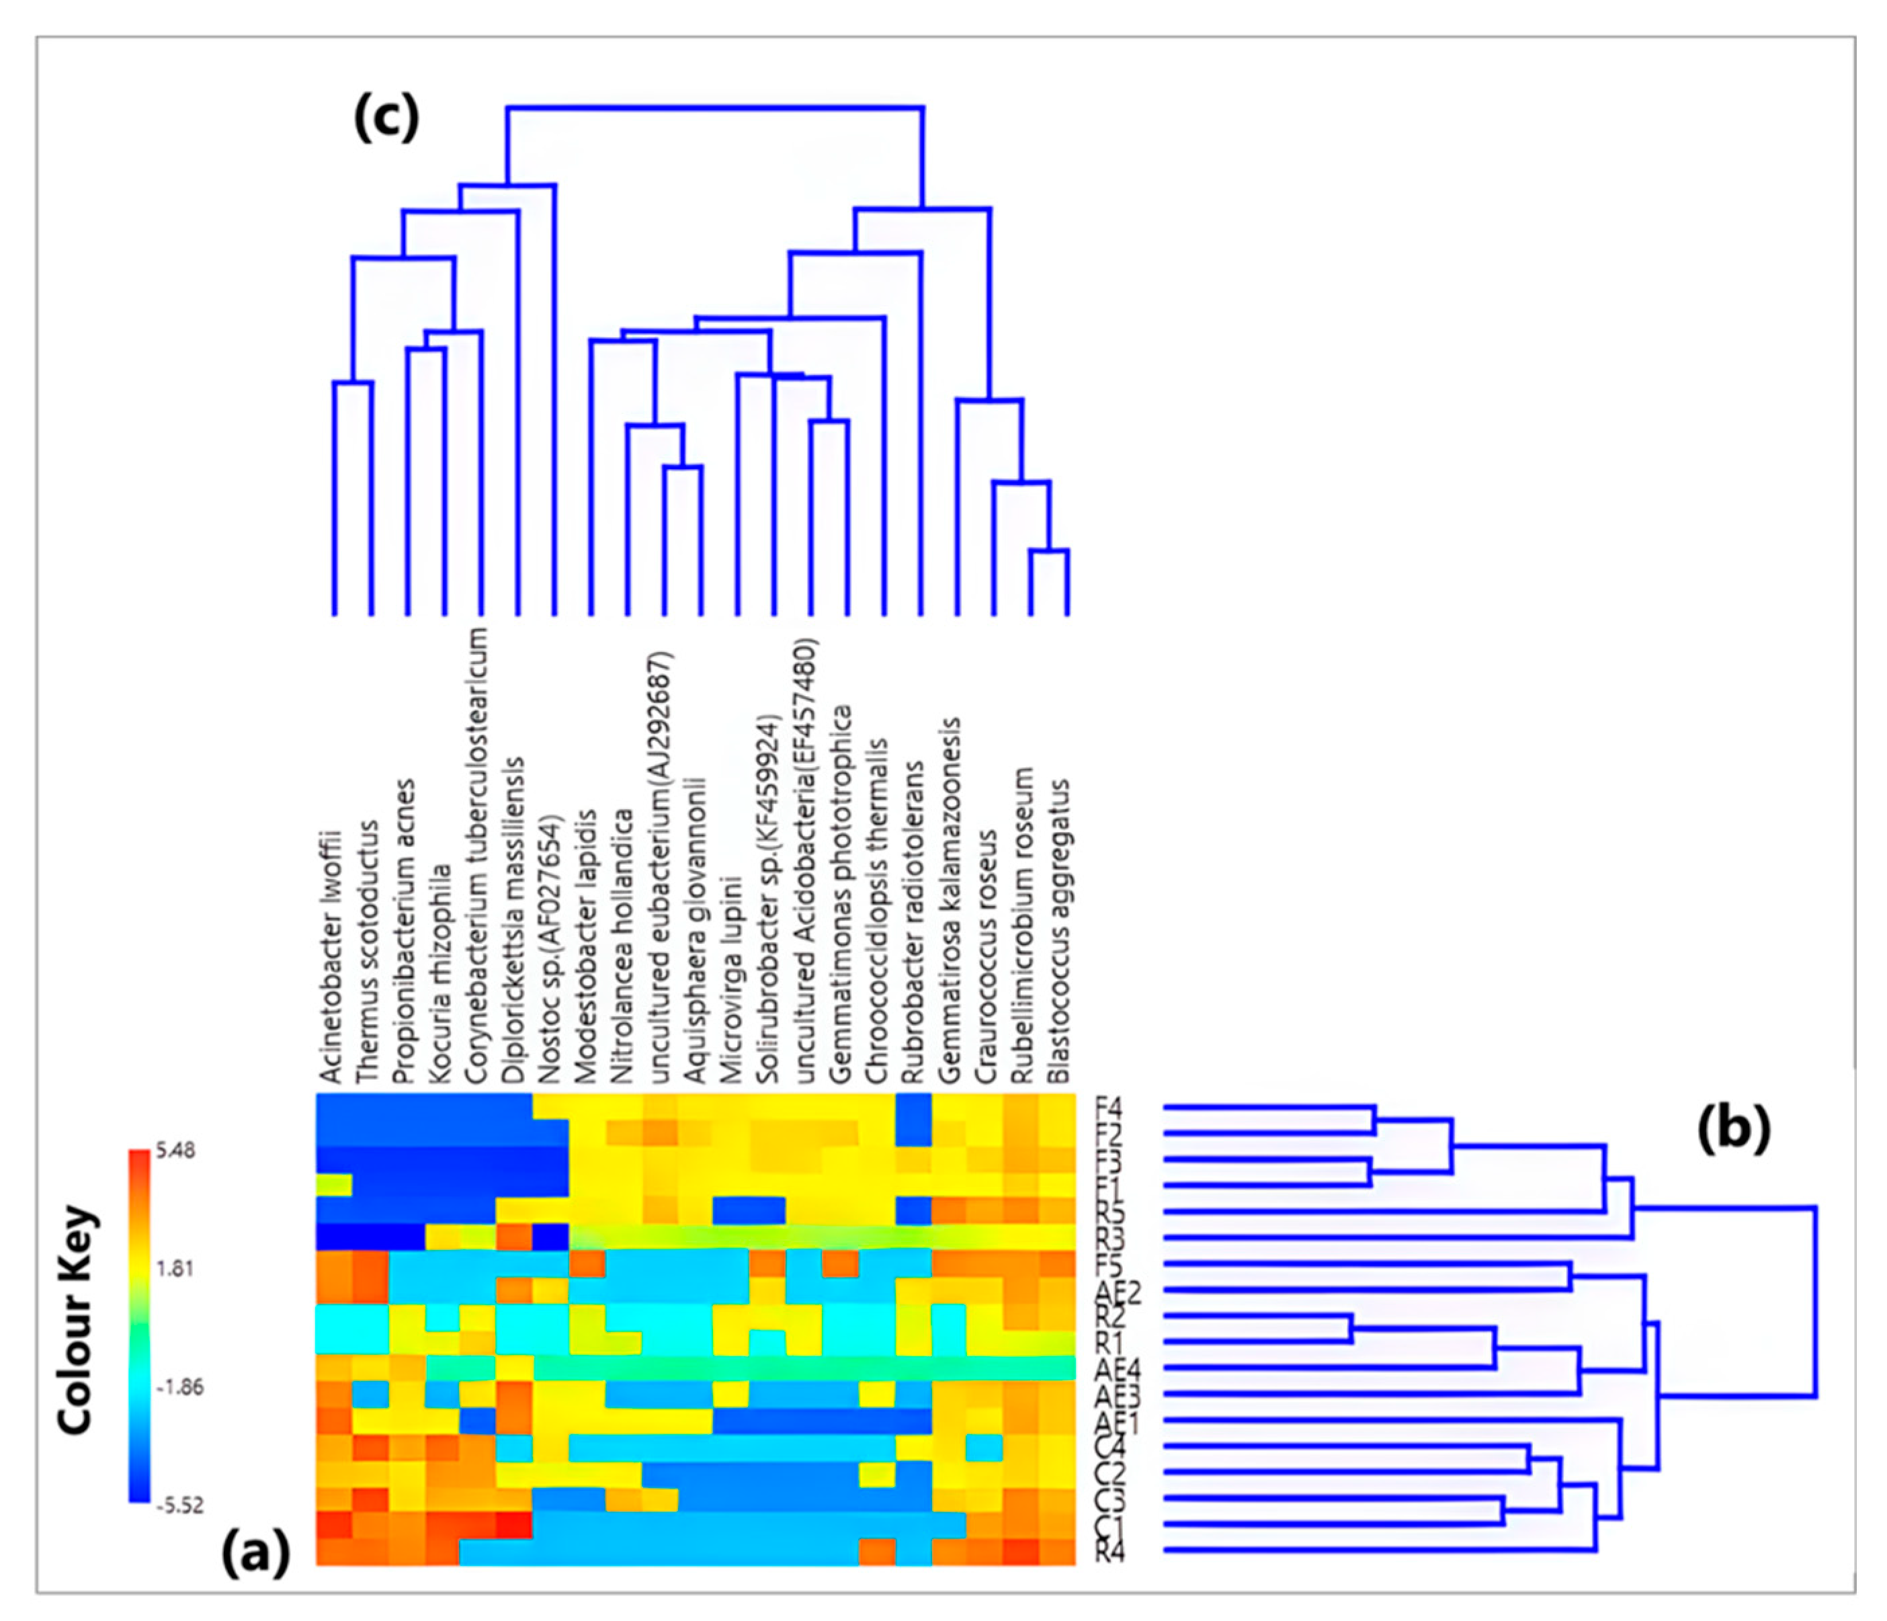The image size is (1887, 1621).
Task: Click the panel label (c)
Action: click(386, 120)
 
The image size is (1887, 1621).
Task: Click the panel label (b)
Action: click(1733, 1129)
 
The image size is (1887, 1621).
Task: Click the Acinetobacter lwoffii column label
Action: click(331, 956)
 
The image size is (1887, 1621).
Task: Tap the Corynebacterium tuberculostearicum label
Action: click(476, 856)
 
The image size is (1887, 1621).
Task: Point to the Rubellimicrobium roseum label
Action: click(1023, 924)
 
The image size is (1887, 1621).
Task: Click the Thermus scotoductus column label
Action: click(367, 952)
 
